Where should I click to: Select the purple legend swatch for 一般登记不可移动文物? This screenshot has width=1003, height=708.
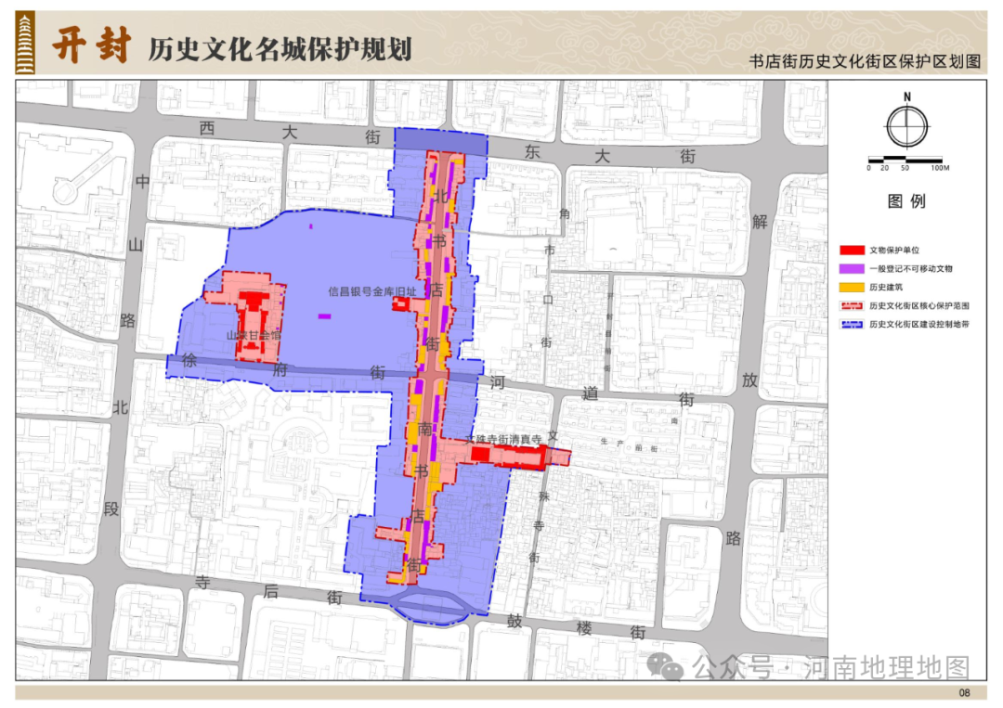coord(853,268)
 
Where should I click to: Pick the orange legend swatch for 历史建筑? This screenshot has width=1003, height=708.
coord(853,287)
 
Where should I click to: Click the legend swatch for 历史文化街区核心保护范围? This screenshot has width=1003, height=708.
coord(853,305)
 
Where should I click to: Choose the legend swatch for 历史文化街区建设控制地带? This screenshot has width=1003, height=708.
coord(853,325)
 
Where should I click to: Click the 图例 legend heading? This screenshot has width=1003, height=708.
coord(906,201)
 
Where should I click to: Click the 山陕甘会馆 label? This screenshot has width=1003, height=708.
coord(254,336)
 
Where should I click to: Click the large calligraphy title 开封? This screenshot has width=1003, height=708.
coord(89,44)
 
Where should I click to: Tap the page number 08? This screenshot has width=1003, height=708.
coord(964,693)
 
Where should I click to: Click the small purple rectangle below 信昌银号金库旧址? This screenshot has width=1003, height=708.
coord(324,316)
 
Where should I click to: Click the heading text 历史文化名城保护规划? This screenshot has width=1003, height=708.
coord(280,48)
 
